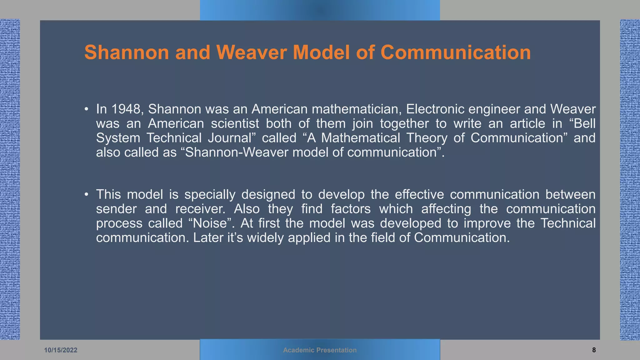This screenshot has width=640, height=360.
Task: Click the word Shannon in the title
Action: [x=127, y=52]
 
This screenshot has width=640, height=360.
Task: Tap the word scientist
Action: [x=235, y=123]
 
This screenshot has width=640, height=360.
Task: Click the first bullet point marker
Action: [x=87, y=109]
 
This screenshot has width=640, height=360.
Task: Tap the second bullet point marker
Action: [x=87, y=195]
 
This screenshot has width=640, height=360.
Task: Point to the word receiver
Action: [x=200, y=209]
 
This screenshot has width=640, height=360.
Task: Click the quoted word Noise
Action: [x=210, y=223]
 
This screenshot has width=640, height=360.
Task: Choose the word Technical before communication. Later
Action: [x=568, y=223]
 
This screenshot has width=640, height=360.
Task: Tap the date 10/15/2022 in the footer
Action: [x=61, y=350]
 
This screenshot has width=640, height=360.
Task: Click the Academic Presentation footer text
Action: [x=320, y=350]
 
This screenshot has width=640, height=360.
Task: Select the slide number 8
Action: [x=594, y=350]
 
